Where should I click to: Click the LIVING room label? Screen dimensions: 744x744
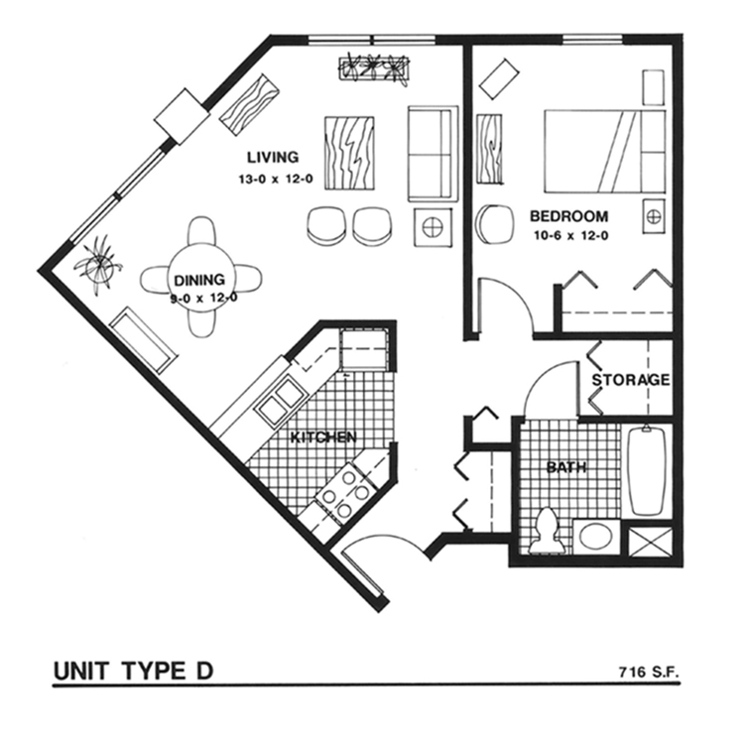tap(273, 157)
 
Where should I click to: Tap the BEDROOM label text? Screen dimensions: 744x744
tap(568, 216)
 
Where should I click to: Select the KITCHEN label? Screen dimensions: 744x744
tap(323, 436)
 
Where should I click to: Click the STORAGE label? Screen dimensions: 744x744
tap(631, 380)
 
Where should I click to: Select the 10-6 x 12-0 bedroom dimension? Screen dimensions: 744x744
tap(568, 236)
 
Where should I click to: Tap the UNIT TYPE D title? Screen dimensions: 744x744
tap(133, 672)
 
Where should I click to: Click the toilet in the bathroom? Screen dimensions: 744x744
tap(545, 531)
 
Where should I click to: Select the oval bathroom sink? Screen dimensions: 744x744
tap(596, 538)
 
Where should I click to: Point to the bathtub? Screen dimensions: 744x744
tap(647, 470)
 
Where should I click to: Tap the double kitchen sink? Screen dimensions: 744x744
tap(279, 399)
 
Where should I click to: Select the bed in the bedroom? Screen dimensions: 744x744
tap(605, 151)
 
